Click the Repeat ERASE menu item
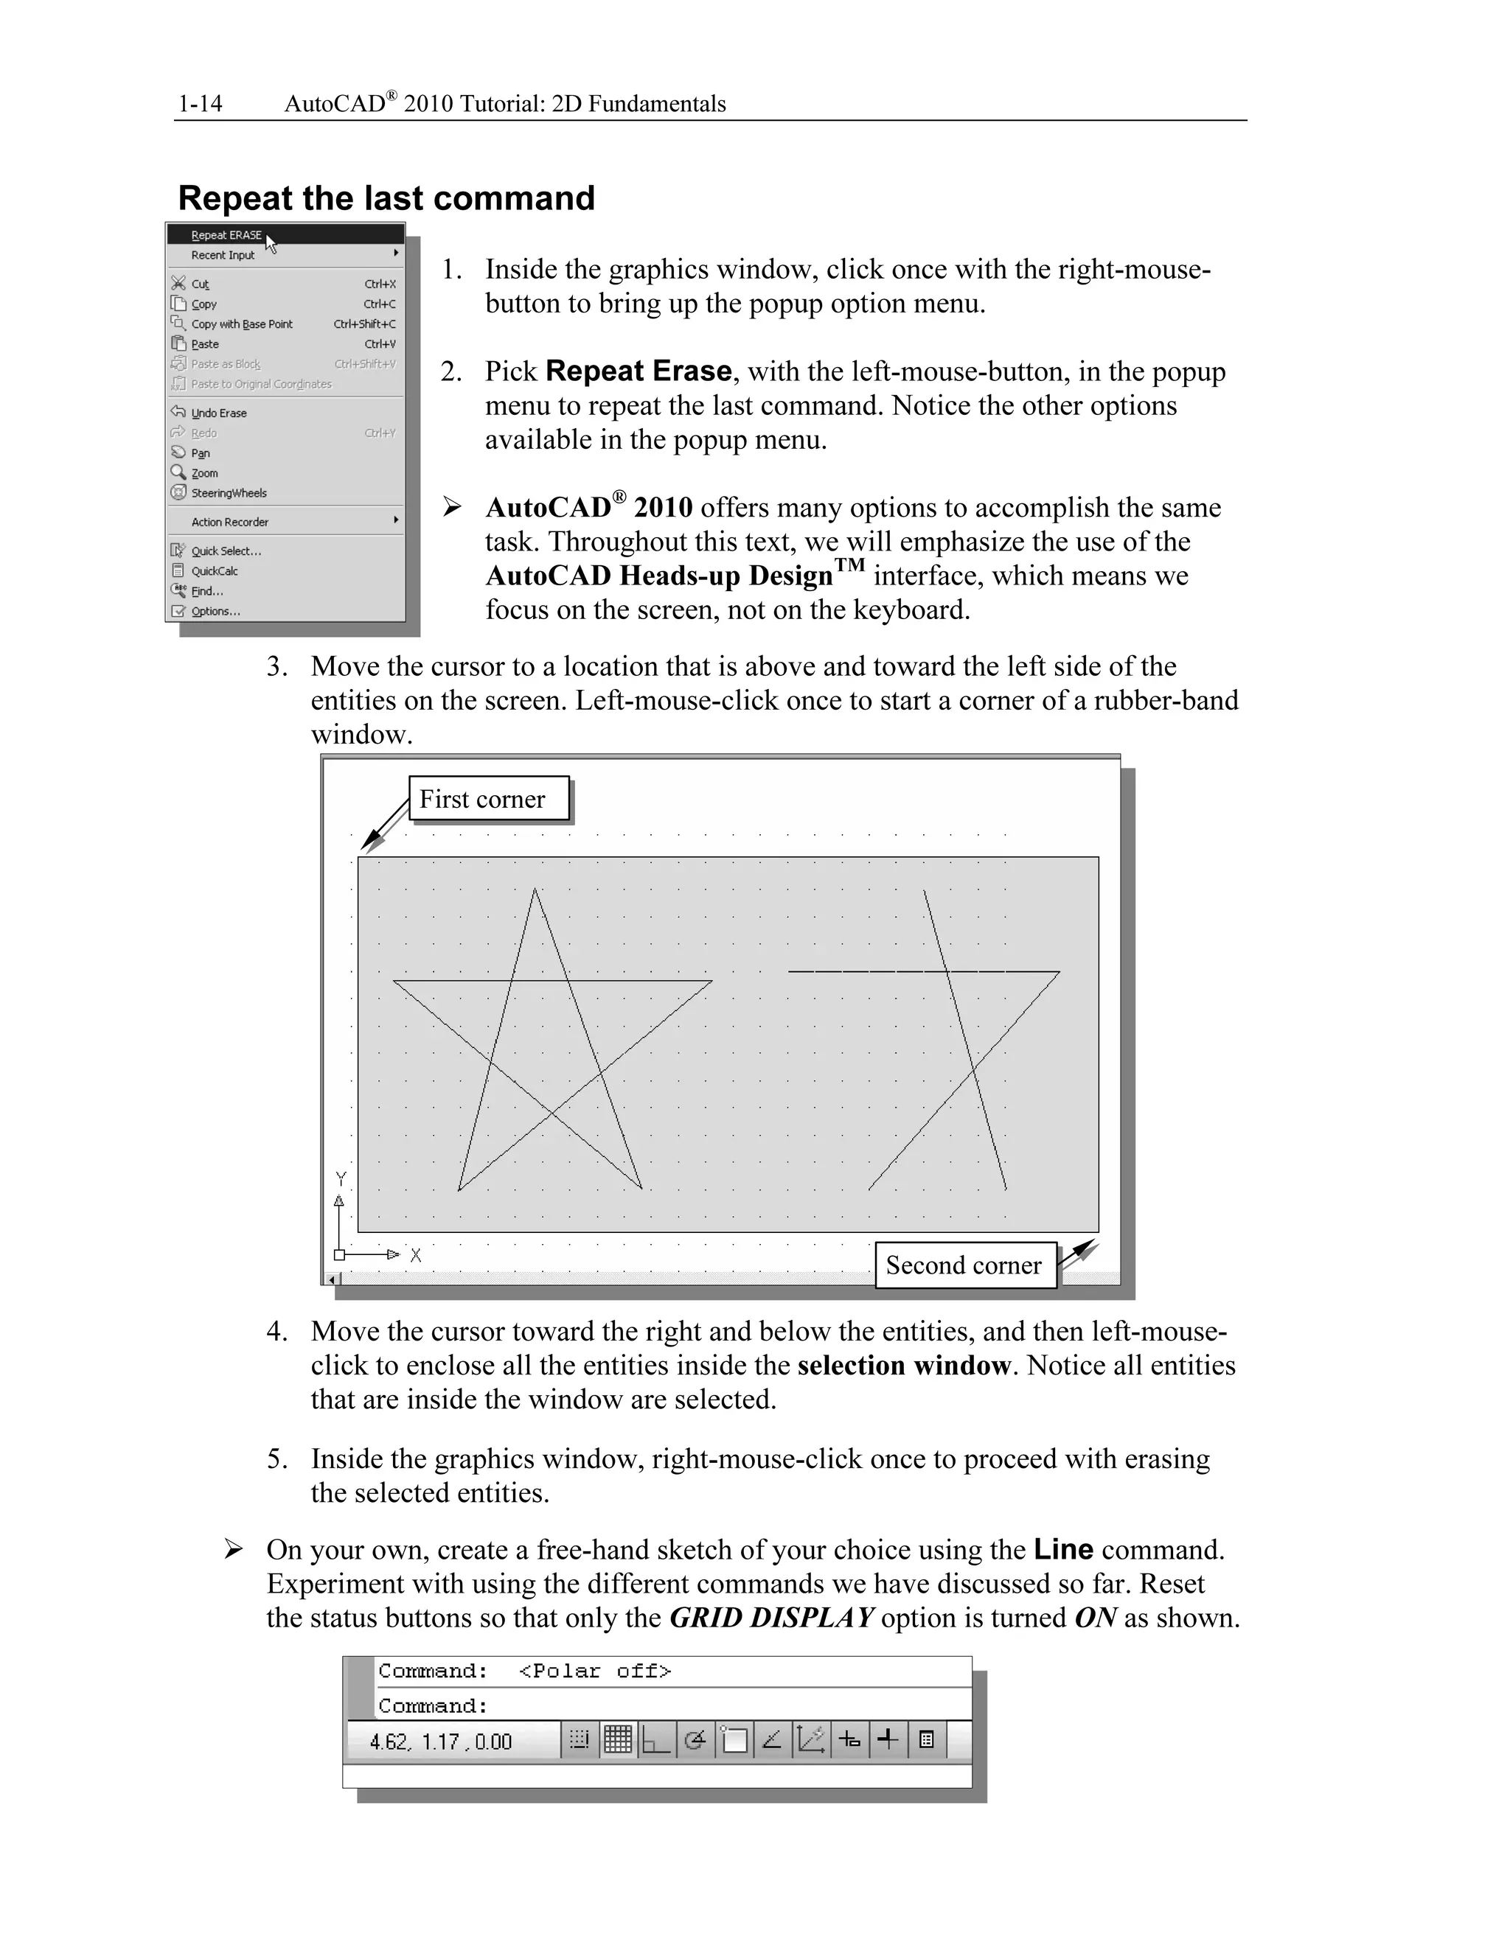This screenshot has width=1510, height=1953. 226,235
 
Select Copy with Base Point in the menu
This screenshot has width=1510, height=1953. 242,324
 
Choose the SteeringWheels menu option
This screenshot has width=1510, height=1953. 229,493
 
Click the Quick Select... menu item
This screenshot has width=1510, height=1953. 226,551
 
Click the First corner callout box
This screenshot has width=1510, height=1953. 488,799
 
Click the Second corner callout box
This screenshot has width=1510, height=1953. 964,1265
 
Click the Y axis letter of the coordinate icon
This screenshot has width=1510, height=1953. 340,1178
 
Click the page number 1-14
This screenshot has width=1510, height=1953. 201,104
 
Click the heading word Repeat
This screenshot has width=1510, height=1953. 234,198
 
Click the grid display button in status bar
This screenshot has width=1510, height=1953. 618,1740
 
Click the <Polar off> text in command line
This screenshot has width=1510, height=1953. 595,1671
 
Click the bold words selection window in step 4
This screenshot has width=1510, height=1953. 903,1366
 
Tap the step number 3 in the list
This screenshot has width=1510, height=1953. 276,666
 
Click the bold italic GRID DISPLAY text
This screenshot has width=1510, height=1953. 771,1618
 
